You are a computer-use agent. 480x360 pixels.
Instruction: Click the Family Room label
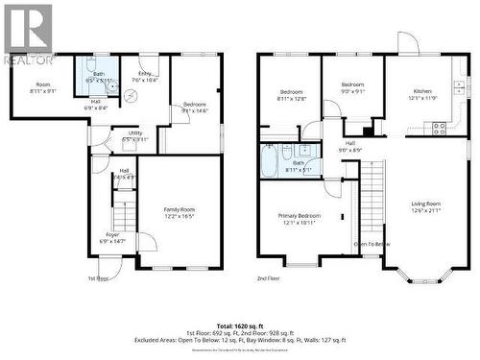point(180,212)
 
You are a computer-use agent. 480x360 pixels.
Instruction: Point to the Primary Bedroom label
point(299,219)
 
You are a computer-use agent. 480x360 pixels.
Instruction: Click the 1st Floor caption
point(98,278)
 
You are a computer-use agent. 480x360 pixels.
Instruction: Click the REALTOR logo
point(27,34)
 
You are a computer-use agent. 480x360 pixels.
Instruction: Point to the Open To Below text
point(371,244)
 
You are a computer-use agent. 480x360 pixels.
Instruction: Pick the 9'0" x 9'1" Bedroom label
point(352,88)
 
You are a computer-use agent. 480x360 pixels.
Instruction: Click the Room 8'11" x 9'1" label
point(43,87)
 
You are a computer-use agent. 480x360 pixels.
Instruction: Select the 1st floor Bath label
point(100,76)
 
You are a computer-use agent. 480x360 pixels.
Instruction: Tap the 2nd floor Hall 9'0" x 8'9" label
point(349,146)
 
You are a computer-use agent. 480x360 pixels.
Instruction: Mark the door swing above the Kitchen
point(408,43)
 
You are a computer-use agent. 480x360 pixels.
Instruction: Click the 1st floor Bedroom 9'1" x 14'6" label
point(195,107)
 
